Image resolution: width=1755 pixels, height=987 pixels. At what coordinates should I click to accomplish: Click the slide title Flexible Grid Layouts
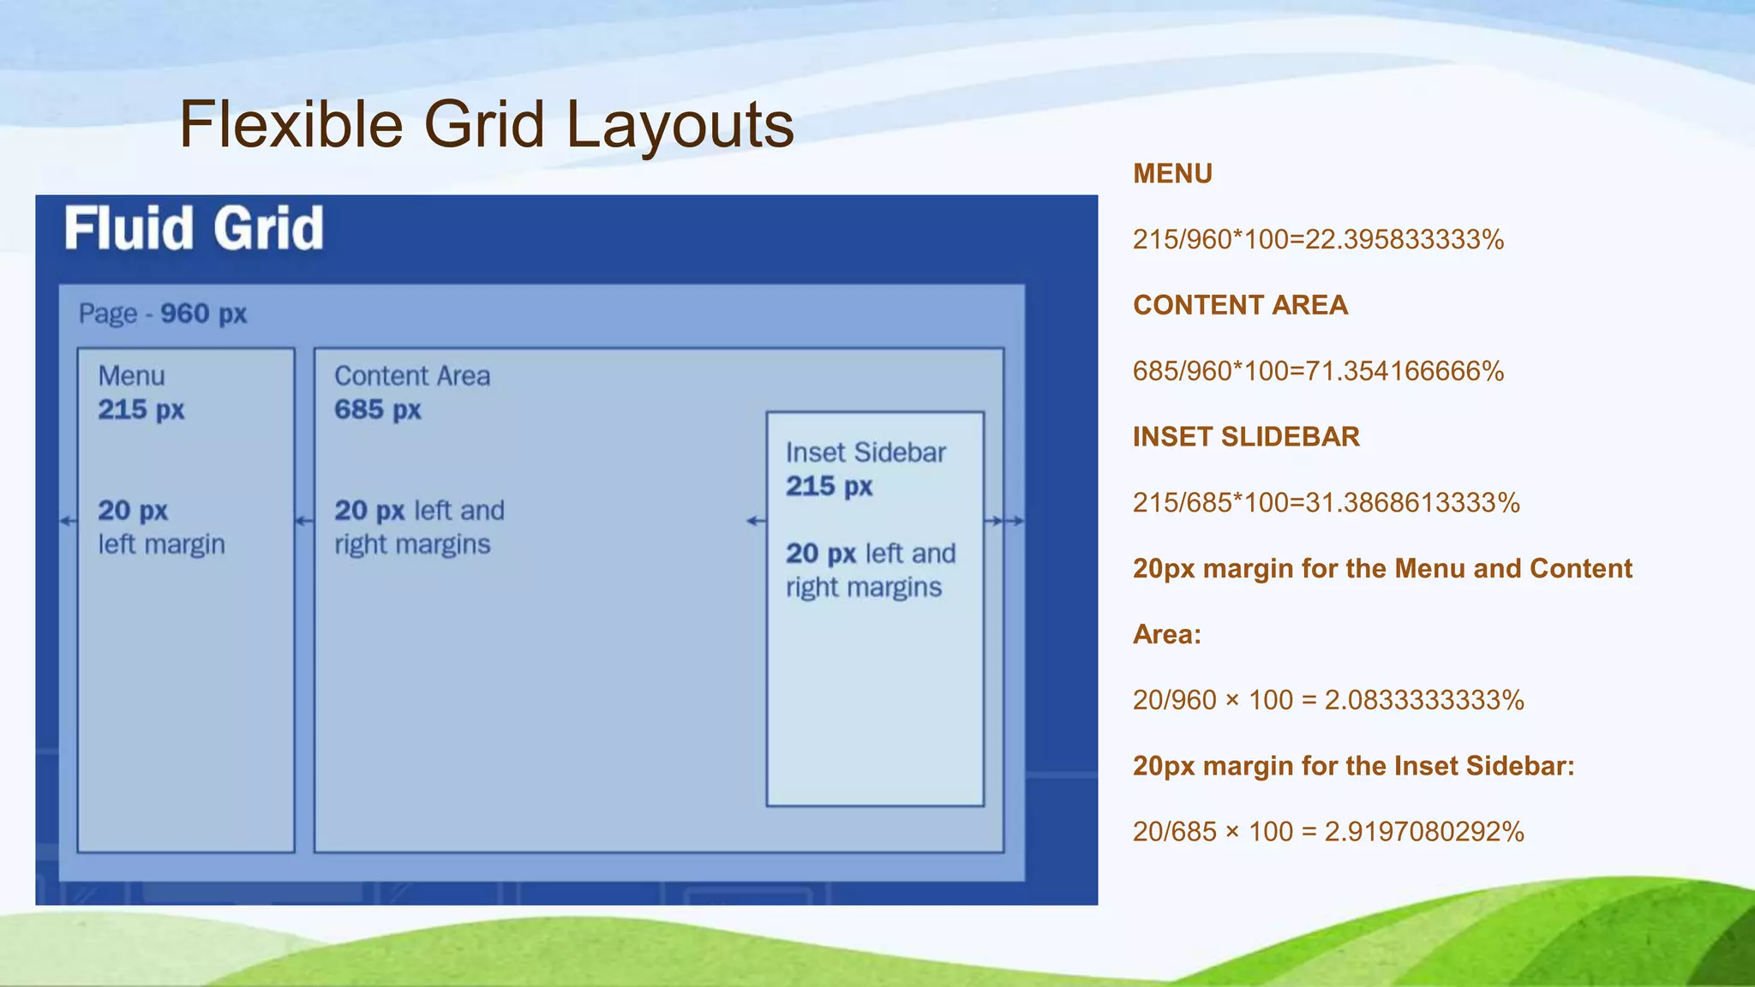(486, 125)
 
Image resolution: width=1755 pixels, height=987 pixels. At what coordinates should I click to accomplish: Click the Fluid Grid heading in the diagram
(194, 229)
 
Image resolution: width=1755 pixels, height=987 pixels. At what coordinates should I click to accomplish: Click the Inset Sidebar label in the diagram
(866, 452)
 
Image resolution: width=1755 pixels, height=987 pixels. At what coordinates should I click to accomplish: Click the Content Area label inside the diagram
(412, 376)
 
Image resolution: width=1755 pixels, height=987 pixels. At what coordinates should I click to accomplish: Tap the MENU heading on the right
(1172, 174)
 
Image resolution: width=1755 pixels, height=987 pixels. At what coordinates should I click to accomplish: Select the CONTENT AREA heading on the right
(1240, 305)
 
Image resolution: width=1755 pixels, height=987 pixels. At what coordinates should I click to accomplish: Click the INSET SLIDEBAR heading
(1246, 437)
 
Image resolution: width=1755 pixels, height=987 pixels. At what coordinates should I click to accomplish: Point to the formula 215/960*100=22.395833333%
(1318, 240)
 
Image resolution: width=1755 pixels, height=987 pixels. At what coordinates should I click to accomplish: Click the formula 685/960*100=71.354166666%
(1318, 372)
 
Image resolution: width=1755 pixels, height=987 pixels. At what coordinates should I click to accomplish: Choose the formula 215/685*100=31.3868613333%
(1326, 503)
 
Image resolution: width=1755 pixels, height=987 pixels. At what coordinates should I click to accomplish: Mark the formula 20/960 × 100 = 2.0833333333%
(1328, 701)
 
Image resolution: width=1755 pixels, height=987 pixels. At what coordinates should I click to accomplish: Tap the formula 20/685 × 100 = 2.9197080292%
(1328, 832)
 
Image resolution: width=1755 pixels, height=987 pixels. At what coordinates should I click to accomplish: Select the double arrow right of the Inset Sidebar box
(1004, 521)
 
